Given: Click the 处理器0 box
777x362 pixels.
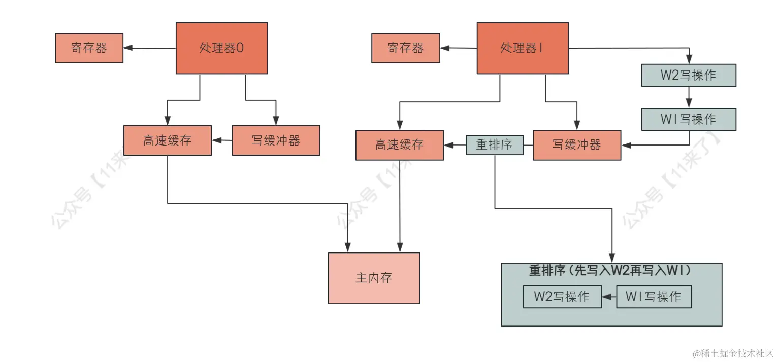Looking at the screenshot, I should click(x=221, y=48).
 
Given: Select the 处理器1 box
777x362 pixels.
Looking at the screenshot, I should click(x=523, y=48).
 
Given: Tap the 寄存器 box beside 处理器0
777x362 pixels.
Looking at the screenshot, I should click(x=89, y=48).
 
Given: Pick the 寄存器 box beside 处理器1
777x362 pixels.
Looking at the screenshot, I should click(x=406, y=48).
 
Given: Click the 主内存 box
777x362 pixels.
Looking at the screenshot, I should click(x=374, y=278).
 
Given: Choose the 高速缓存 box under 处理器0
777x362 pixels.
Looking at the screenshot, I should click(x=167, y=140).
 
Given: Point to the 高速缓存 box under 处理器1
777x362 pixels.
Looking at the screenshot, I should click(x=400, y=145).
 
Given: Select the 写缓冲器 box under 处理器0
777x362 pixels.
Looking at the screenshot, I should click(x=276, y=140).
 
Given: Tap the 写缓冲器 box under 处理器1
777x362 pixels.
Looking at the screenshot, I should click(x=576, y=145).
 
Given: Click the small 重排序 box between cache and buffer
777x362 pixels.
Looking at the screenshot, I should click(x=495, y=145).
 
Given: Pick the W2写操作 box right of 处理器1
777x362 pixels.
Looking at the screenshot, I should click(x=688, y=75).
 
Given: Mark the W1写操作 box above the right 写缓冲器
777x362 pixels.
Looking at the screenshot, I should click(x=688, y=119).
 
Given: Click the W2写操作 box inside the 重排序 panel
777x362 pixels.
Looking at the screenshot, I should click(x=562, y=297).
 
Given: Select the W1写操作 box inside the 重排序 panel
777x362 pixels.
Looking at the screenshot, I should click(x=654, y=297).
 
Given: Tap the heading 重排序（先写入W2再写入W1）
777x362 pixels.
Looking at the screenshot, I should click(x=610, y=271).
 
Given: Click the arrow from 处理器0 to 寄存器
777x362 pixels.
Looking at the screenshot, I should click(x=150, y=48).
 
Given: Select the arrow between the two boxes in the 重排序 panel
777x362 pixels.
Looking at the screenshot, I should click(x=609, y=297).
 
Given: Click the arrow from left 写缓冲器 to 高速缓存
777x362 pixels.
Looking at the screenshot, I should click(x=222, y=140).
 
